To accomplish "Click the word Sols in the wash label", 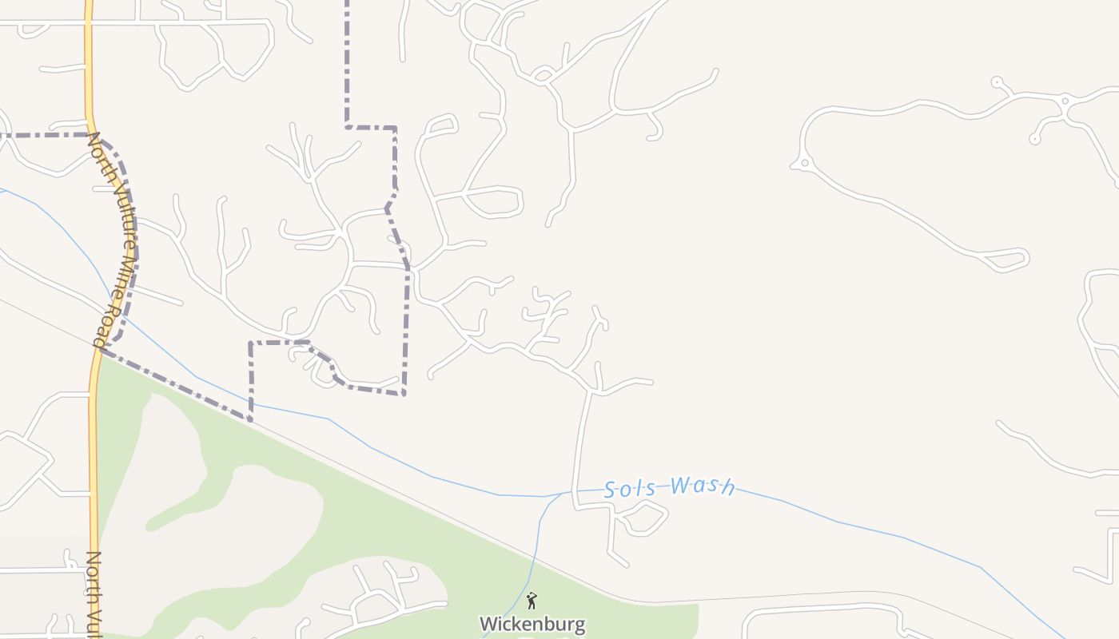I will point(630,489).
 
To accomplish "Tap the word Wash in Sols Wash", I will point(703,485).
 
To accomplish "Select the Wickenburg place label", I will point(532,623).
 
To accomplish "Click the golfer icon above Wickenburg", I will point(532,601).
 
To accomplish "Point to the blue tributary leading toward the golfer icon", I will point(534,551).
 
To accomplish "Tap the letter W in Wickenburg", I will point(487,623).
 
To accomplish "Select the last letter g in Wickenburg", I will point(579,625).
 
